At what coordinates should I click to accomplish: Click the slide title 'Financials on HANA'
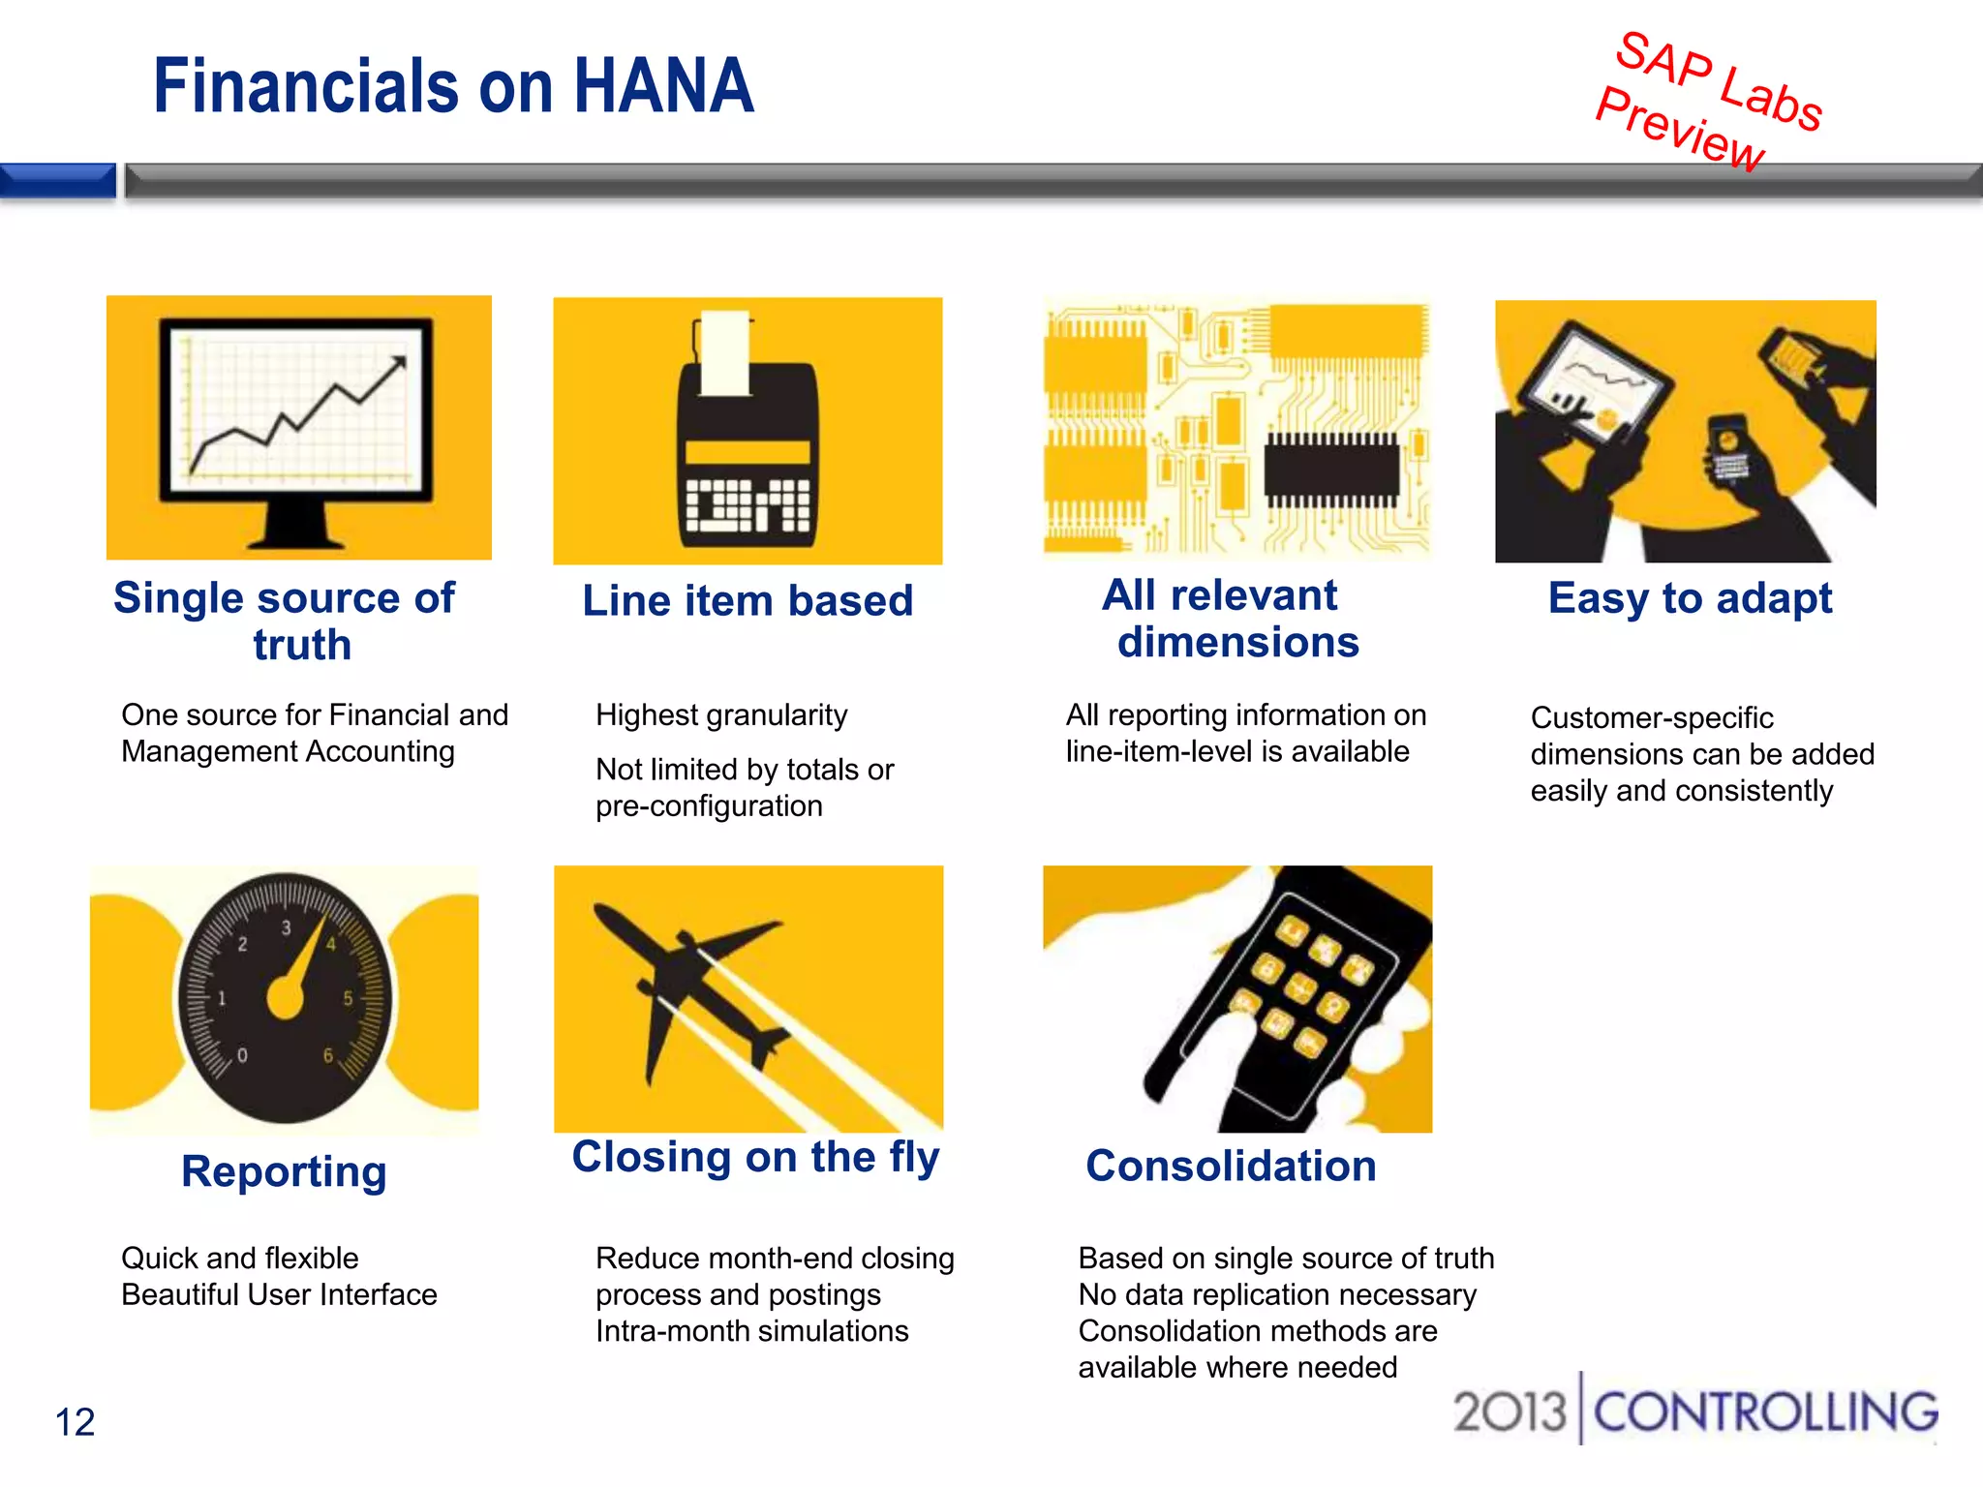click(x=453, y=87)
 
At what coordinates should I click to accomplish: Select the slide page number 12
click(x=75, y=1422)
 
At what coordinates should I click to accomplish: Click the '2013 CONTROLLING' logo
click(x=1694, y=1411)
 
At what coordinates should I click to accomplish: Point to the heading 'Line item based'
click(x=747, y=601)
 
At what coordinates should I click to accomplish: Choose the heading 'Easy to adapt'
click(x=1690, y=598)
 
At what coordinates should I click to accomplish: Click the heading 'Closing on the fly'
click(x=755, y=1157)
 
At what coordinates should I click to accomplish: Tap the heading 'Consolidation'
click(x=1231, y=1166)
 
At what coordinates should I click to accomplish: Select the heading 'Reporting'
click(x=284, y=1171)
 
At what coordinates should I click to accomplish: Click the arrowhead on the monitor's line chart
click(x=398, y=364)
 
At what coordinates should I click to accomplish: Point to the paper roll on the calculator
click(x=725, y=354)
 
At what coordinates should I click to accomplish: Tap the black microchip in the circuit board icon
click(x=1331, y=470)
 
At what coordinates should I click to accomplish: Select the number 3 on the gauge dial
click(x=286, y=927)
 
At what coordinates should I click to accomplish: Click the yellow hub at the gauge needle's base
click(x=286, y=998)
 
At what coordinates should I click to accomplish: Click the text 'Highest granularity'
click(x=721, y=715)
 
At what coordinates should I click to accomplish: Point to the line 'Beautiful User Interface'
click(x=279, y=1295)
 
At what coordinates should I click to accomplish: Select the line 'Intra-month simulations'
click(x=751, y=1332)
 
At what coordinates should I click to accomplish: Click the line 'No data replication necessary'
click(x=1277, y=1295)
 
